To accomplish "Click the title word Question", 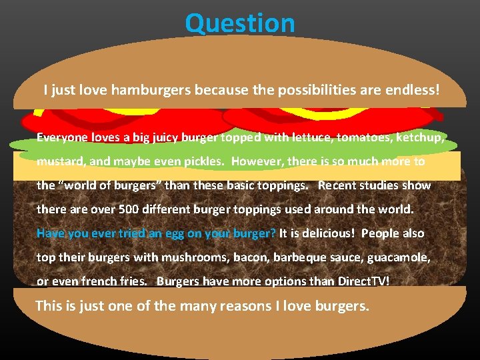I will pyautogui.click(x=240, y=23).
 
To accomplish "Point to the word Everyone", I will pyautogui.click(x=61, y=137).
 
